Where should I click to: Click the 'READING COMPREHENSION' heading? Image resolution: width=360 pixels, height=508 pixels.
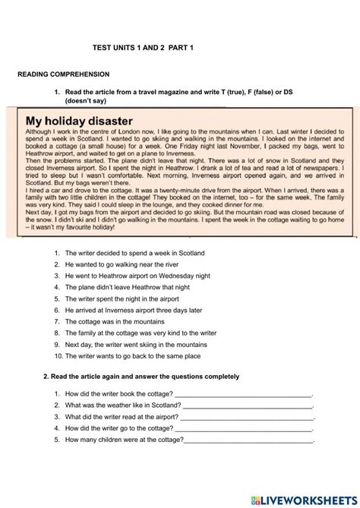click(x=64, y=74)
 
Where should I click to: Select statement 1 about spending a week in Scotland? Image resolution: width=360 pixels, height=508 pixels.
click(x=134, y=253)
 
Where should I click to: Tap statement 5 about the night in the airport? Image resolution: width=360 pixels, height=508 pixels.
click(x=131, y=298)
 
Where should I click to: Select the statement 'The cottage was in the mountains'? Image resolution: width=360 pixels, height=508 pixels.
click(x=120, y=321)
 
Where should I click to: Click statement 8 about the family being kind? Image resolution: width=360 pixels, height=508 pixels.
click(x=141, y=333)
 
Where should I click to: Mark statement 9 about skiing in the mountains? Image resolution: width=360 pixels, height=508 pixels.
click(x=136, y=344)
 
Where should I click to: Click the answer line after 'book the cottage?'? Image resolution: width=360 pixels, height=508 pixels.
click(x=243, y=394)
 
